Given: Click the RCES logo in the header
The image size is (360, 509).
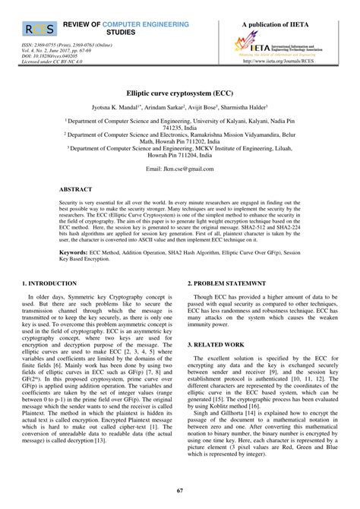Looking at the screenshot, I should coord(39,30).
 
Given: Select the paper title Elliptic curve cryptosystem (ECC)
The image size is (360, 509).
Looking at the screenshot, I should coord(179,90).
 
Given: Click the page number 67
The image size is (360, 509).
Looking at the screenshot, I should coord(179,491).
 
